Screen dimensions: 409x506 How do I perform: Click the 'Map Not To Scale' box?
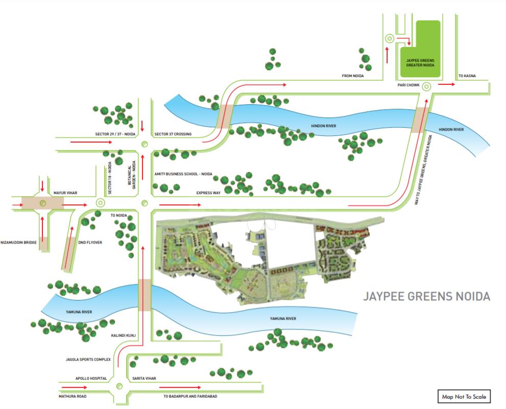tap(464, 396)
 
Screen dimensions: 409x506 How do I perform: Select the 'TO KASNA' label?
tap(467, 76)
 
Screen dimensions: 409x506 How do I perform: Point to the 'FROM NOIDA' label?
tap(356, 76)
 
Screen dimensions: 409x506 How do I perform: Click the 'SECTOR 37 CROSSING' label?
tap(173, 134)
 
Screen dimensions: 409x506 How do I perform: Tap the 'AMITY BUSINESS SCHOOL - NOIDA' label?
tap(183, 174)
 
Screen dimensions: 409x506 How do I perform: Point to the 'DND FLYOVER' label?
tap(90, 243)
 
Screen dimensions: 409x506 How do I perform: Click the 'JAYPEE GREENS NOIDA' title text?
tap(426, 297)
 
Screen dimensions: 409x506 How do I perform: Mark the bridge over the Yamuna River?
tap(144, 295)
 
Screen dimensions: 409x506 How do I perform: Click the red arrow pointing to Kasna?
tap(447, 85)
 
